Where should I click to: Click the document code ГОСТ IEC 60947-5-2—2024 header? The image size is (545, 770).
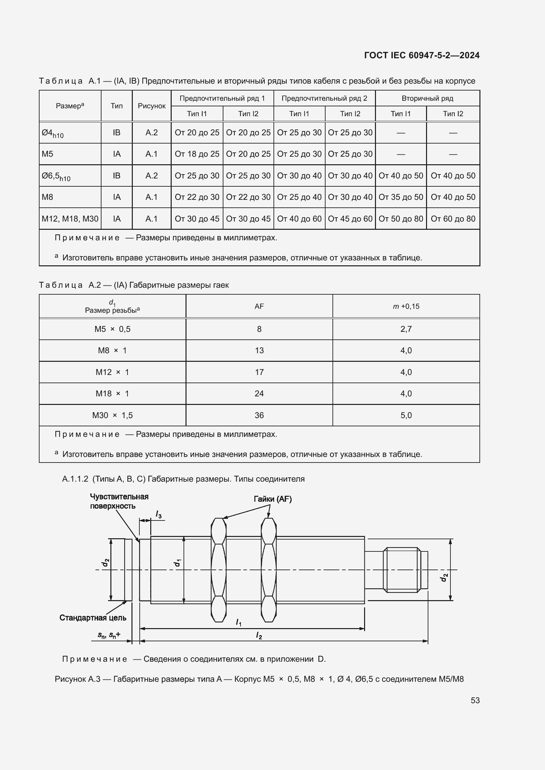[x=421, y=55]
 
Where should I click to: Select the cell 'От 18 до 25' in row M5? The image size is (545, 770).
[x=197, y=154]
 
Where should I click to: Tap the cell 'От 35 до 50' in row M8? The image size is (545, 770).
[x=400, y=197]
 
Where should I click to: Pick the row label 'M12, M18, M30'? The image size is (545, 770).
[x=70, y=219]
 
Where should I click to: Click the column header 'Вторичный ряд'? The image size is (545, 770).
[x=427, y=98]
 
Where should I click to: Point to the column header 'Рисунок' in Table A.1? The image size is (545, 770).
[x=151, y=106]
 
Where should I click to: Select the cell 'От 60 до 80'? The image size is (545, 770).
[x=453, y=219]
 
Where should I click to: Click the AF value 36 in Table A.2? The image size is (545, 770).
[x=259, y=415]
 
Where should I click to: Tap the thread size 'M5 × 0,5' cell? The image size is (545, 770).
[x=112, y=329]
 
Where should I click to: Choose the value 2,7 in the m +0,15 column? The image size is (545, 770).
[x=406, y=329]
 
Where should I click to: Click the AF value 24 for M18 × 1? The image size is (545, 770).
[x=259, y=393]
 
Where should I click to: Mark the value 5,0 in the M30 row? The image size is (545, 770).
[x=406, y=415]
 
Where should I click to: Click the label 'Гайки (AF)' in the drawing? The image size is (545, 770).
[x=272, y=499]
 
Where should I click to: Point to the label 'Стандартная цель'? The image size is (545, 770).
[x=93, y=618]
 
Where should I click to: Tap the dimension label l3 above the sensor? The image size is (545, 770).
[x=158, y=514]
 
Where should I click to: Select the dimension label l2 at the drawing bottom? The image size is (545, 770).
[x=259, y=635]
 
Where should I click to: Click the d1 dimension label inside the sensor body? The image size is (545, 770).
[x=177, y=563]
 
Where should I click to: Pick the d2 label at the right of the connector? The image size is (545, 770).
[x=444, y=577]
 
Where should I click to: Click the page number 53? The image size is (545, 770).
[x=475, y=700]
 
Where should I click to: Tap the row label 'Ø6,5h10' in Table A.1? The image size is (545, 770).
[x=56, y=176]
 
